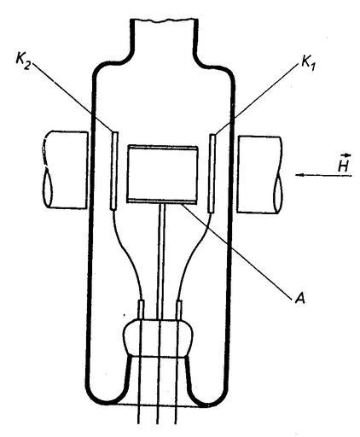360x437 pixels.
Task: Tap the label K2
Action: [x=23, y=61]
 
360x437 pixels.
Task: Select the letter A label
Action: [x=299, y=299]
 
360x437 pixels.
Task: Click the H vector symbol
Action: [x=345, y=163]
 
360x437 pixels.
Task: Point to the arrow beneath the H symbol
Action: [x=323, y=175]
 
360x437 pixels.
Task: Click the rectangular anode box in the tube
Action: [x=162, y=174]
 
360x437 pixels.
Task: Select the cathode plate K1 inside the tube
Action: [x=212, y=173]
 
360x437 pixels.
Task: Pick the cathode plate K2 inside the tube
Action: [x=114, y=171]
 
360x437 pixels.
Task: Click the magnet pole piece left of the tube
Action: [x=65, y=170]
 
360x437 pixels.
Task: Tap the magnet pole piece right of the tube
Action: [x=259, y=175]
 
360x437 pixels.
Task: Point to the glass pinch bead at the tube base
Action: [x=159, y=338]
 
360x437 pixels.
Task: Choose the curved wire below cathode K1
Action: [x=195, y=256]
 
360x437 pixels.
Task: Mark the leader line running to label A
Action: [x=235, y=250]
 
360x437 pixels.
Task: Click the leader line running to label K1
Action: [x=258, y=99]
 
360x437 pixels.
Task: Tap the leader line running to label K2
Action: [x=72, y=97]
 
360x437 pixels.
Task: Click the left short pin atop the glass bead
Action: [x=142, y=309]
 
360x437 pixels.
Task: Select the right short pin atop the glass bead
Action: [x=179, y=310]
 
